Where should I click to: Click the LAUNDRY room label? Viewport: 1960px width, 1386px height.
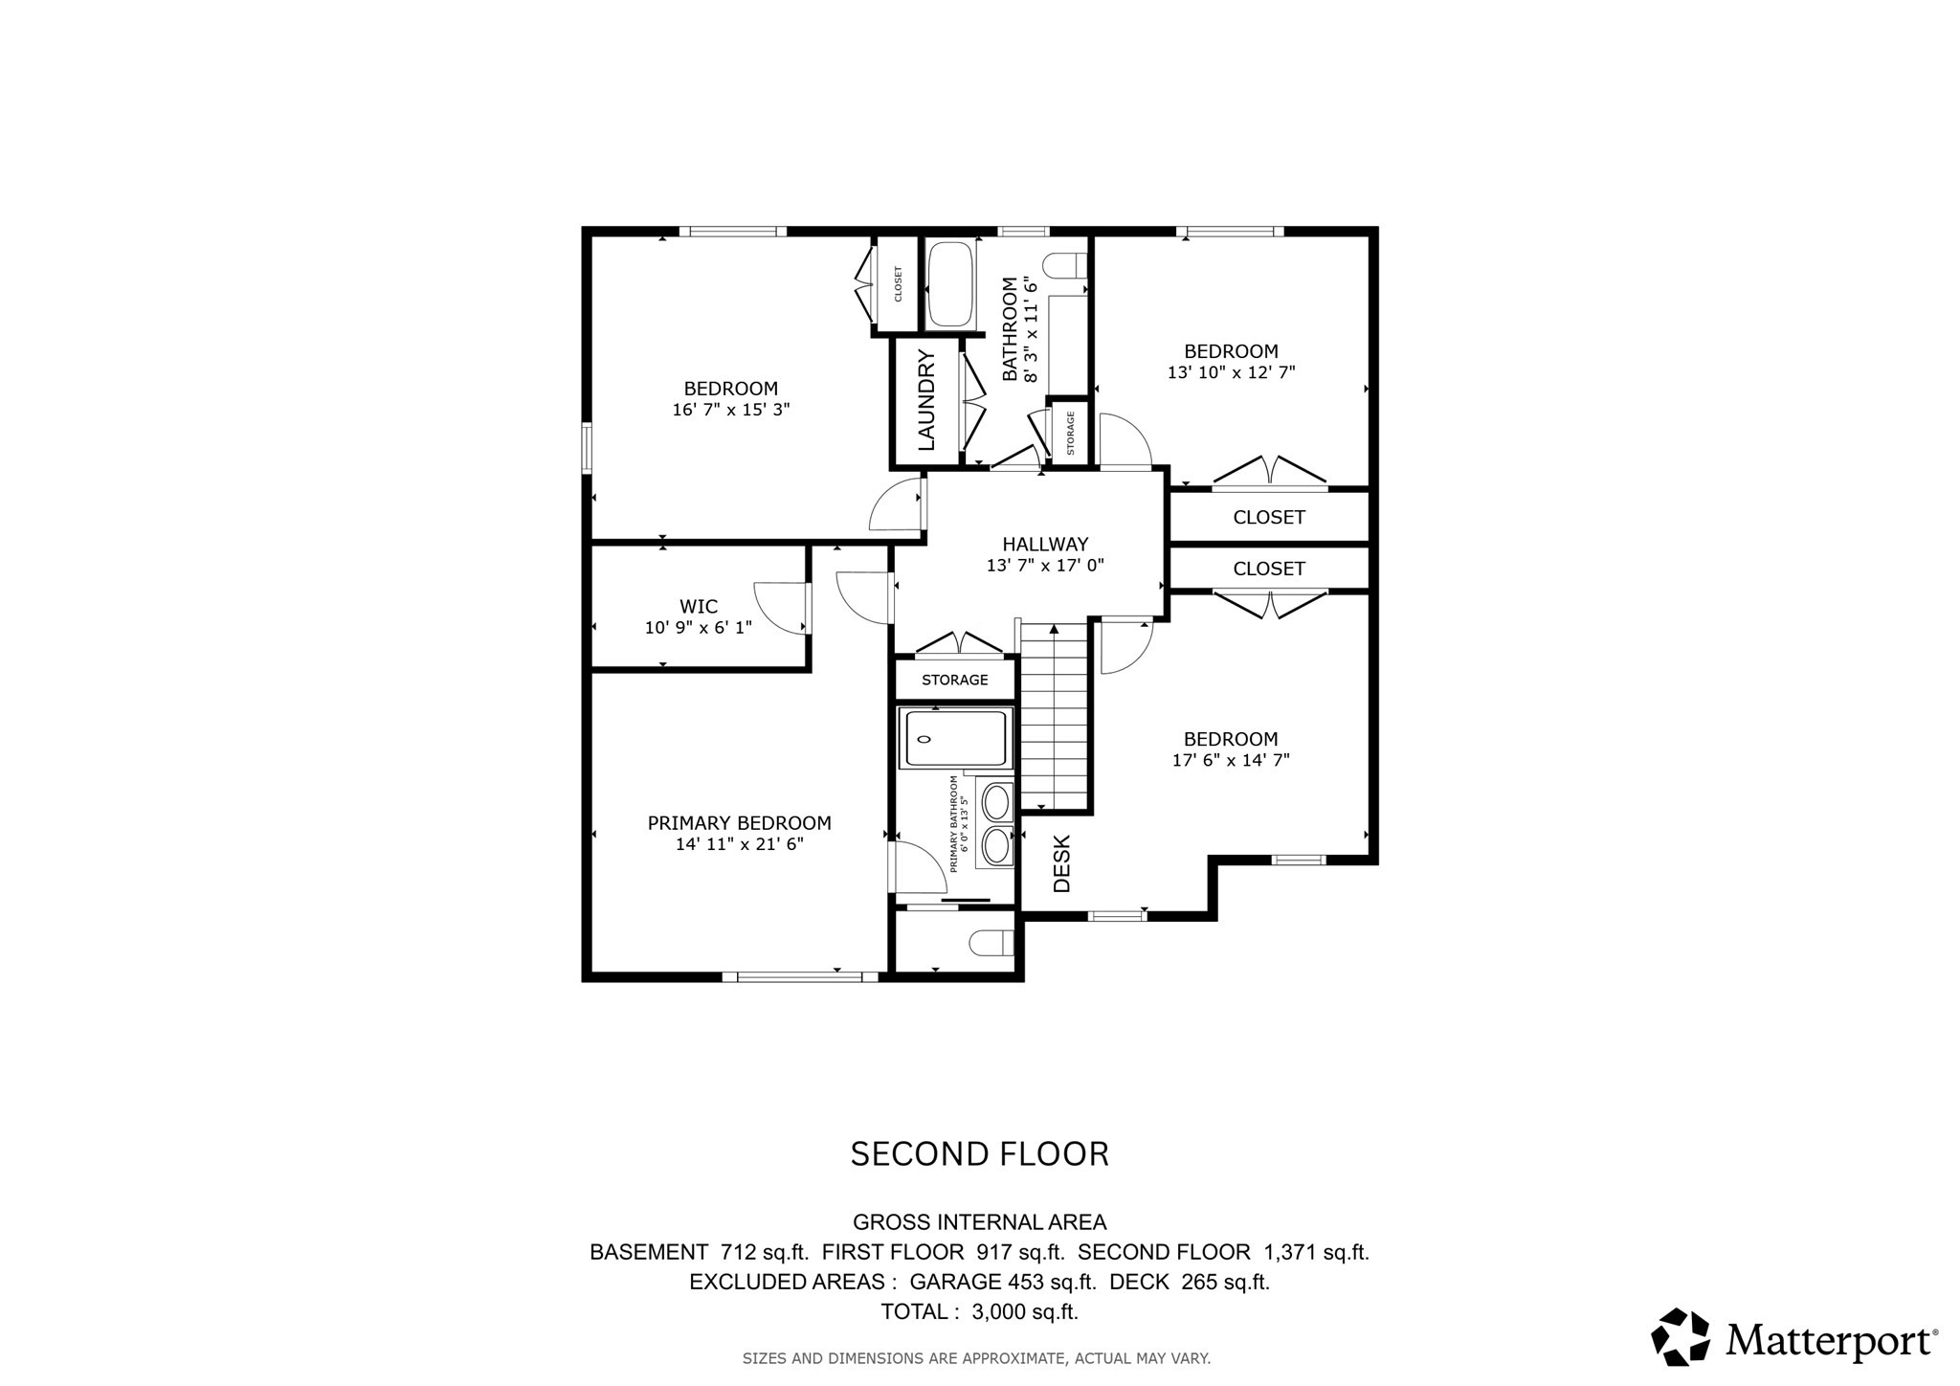(926, 400)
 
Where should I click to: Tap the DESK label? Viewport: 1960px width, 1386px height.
(1062, 863)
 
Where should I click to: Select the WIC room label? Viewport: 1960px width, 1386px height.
(699, 606)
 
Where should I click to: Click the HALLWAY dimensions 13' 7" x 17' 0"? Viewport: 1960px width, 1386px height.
(1045, 566)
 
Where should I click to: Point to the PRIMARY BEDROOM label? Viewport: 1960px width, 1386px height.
(739, 823)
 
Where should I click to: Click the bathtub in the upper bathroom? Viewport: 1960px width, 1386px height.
(950, 284)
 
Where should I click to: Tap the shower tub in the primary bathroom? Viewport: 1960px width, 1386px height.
(956, 738)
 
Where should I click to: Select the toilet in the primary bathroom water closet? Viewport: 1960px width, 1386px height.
(991, 944)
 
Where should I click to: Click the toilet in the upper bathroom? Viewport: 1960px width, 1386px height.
(1063, 264)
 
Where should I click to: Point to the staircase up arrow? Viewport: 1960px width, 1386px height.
(1055, 630)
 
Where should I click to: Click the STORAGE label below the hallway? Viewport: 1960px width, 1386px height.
(954, 680)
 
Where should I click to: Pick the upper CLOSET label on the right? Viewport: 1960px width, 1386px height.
(1269, 518)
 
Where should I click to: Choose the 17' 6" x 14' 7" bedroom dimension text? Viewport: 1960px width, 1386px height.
(1231, 761)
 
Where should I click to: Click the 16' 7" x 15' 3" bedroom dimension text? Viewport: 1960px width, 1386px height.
(731, 410)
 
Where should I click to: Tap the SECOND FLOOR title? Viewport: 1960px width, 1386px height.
(979, 1154)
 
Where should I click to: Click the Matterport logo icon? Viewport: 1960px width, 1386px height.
(1681, 1336)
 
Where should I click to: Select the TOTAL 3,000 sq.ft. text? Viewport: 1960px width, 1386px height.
(979, 1312)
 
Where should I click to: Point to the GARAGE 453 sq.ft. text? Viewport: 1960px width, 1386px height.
(1001, 1282)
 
